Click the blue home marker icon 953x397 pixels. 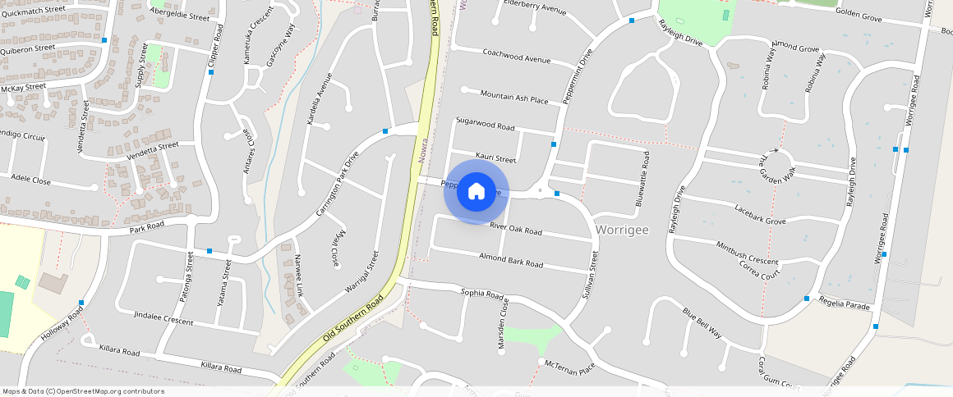click(x=476, y=191)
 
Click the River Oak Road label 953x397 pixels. click(x=516, y=228)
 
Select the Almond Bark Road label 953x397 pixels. click(x=511, y=260)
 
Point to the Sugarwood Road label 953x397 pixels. click(x=485, y=124)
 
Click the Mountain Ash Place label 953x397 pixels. click(x=513, y=97)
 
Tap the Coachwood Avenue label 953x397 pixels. click(x=516, y=57)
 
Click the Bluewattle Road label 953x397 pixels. click(x=645, y=178)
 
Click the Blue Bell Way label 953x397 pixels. click(x=702, y=322)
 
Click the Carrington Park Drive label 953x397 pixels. click(x=338, y=184)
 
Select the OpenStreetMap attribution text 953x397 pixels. click(x=84, y=391)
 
